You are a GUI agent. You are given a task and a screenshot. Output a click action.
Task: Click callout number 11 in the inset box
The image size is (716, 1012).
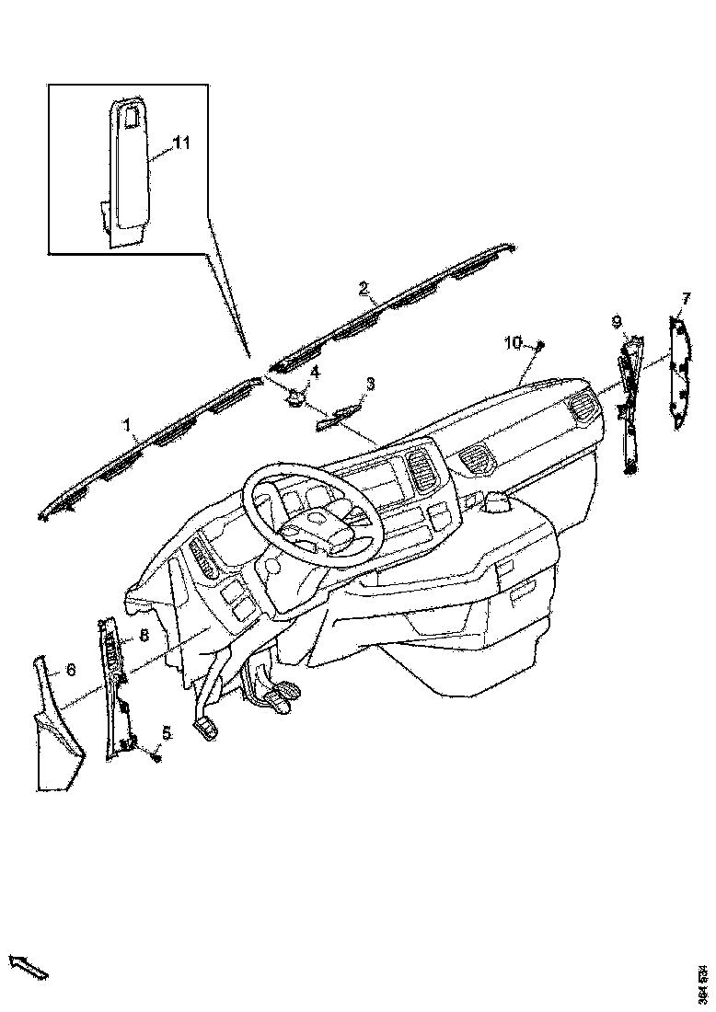tap(181, 143)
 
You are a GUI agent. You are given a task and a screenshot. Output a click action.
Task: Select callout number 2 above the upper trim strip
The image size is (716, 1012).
tap(364, 289)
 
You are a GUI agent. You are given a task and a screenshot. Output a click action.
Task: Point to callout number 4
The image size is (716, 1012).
tap(315, 372)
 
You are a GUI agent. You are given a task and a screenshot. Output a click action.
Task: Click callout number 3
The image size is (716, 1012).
tap(370, 383)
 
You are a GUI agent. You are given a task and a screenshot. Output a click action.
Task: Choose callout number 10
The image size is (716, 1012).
tap(513, 343)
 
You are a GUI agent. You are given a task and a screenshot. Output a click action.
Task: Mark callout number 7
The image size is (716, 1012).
tap(686, 297)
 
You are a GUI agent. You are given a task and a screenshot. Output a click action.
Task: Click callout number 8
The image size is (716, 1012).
tap(144, 636)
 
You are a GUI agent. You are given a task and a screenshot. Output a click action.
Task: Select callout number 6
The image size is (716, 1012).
tap(70, 671)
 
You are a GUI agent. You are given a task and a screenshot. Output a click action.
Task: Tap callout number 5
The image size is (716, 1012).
tap(167, 732)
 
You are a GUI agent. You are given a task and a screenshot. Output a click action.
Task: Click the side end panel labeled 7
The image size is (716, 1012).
tap(678, 373)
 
